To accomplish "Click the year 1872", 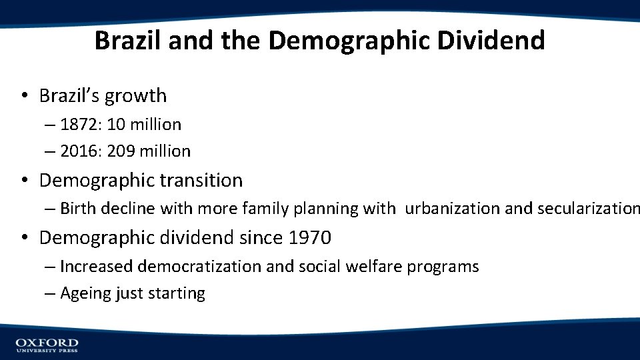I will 78,125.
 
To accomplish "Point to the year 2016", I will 78,151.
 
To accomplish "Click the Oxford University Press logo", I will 47,345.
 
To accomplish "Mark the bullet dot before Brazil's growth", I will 24,96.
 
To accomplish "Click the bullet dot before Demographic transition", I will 24,181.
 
